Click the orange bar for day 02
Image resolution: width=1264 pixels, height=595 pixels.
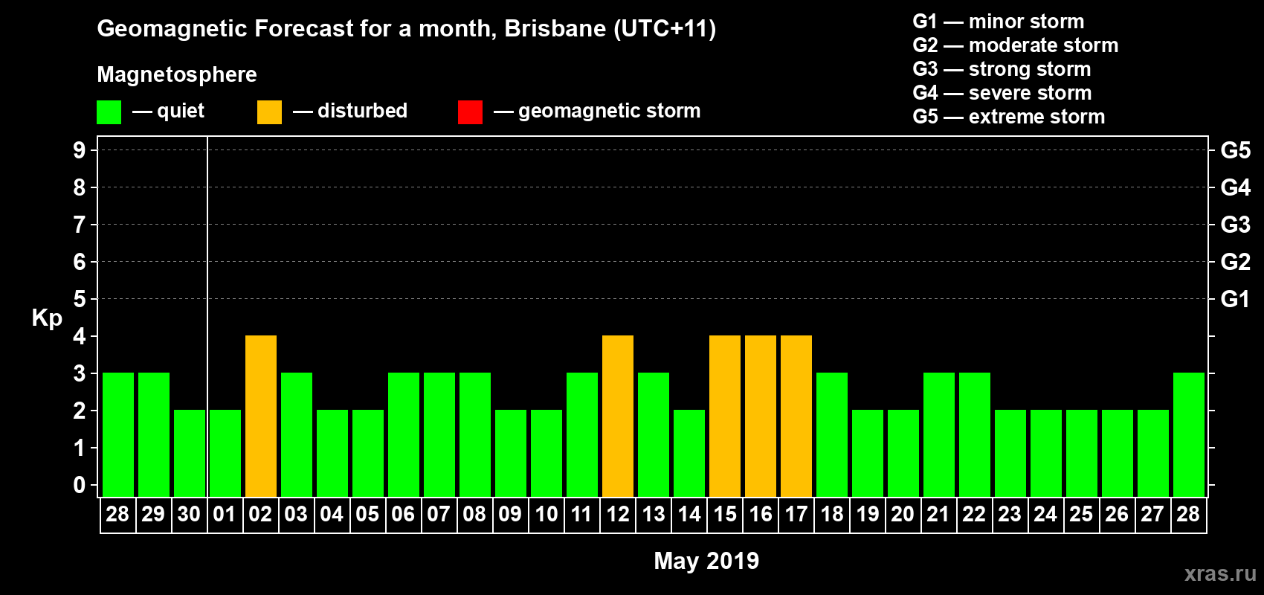tap(261, 416)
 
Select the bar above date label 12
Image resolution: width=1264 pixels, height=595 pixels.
tap(618, 416)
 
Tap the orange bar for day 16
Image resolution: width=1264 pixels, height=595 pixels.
tap(761, 416)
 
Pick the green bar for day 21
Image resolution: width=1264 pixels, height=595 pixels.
tap(939, 434)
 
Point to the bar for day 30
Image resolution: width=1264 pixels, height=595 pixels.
tap(190, 453)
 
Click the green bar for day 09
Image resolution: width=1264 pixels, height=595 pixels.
tap(511, 453)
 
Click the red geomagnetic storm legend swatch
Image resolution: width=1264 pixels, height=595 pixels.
tap(470, 112)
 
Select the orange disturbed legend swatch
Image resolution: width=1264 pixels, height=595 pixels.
tap(269, 112)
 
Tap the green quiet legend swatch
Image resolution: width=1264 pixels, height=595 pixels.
tap(109, 112)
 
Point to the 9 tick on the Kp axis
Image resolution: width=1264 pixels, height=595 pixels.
tap(80, 150)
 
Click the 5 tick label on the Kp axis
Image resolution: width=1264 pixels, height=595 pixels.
tap(80, 299)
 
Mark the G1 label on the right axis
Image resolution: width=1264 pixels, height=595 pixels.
tap(1235, 299)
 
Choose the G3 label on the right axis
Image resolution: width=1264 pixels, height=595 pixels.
tap(1235, 225)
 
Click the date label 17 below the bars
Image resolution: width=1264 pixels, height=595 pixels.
tap(796, 514)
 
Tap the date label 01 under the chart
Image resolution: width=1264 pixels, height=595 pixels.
tap(225, 514)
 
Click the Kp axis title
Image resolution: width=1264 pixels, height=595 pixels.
tap(47, 318)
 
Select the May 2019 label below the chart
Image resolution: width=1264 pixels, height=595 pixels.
tap(706, 561)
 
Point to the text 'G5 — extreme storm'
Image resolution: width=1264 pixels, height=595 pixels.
tap(1008, 117)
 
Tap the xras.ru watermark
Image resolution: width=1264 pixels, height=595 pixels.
tap(1220, 573)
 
